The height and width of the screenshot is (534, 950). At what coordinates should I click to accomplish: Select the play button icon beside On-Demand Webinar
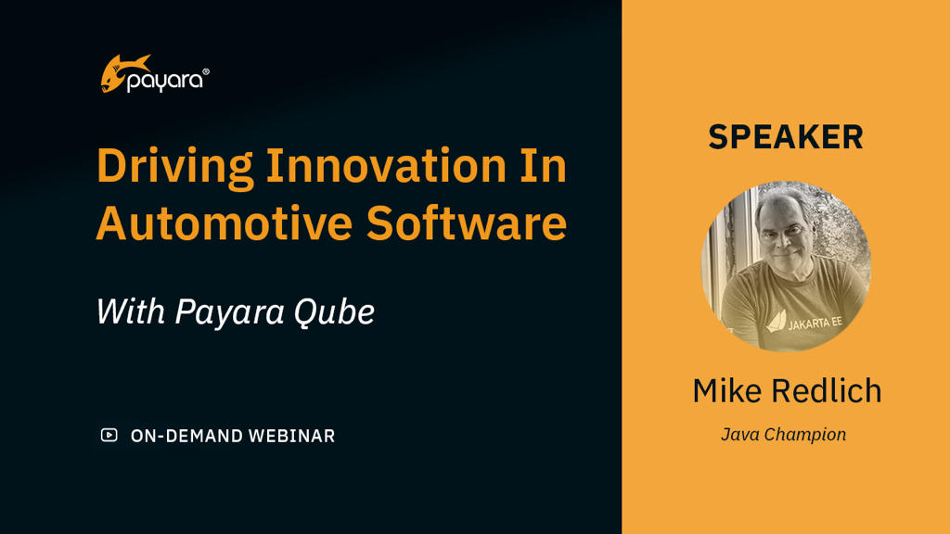click(109, 435)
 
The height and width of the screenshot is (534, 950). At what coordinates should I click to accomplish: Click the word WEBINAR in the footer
click(291, 436)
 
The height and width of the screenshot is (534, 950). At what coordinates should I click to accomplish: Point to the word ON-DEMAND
click(186, 436)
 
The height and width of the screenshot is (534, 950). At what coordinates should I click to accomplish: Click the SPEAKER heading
click(786, 137)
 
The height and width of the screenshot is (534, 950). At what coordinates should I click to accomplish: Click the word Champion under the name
click(804, 434)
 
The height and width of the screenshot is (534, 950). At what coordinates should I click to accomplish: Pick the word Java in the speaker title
click(739, 434)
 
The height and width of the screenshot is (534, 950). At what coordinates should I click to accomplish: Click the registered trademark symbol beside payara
click(205, 71)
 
